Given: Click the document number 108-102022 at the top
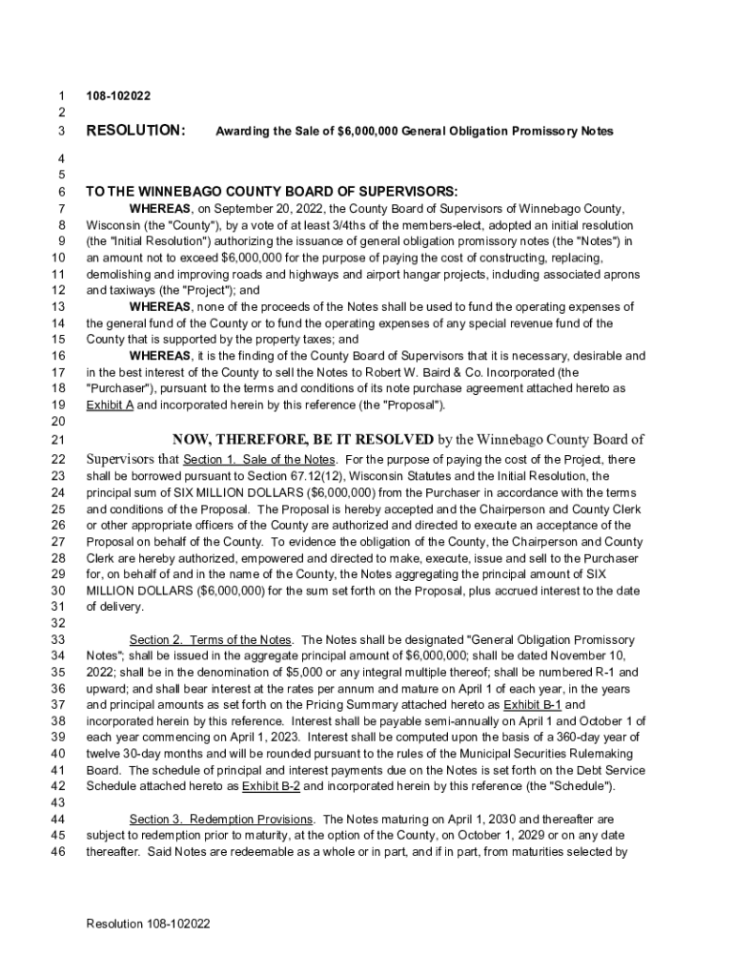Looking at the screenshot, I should pos(118,96).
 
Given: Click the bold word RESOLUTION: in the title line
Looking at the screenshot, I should pos(135,130).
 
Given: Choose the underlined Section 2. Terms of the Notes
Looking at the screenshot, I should pos(212,639).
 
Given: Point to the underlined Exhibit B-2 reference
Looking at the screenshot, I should pos(271,786).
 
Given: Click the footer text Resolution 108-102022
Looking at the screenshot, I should pos(148,925).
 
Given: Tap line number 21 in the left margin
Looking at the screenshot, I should pos(57,440).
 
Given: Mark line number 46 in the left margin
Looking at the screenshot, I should pos(57,853).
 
